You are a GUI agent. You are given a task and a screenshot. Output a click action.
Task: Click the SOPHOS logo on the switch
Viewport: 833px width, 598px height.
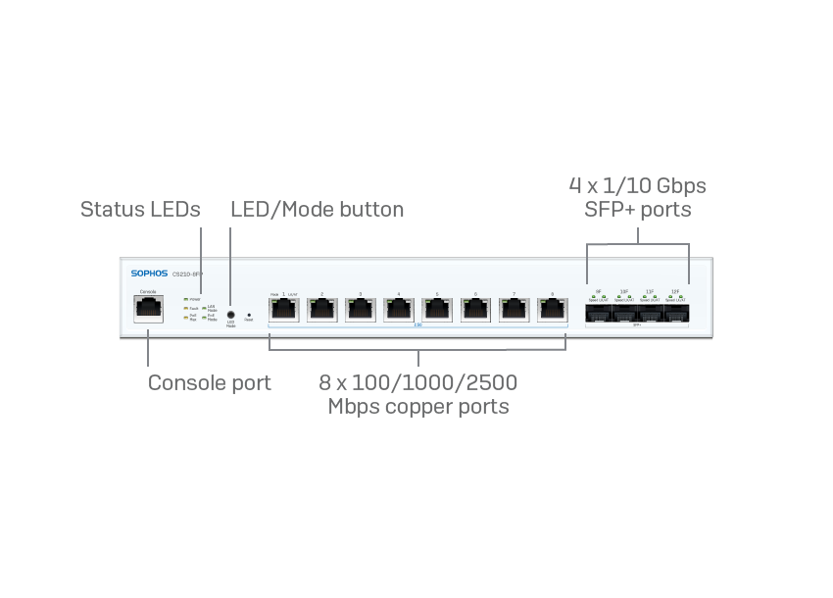click(150, 274)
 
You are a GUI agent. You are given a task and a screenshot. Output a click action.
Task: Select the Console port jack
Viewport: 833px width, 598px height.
click(148, 309)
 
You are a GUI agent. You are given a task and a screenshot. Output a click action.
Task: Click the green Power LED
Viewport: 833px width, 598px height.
click(185, 298)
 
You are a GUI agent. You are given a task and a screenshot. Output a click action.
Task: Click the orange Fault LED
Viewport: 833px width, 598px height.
click(185, 308)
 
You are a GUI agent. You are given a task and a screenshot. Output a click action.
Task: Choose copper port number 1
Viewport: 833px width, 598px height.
click(284, 309)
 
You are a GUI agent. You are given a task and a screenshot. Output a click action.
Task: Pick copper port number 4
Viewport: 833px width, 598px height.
click(399, 309)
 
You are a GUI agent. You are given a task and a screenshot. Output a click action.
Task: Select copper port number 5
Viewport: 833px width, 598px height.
click(437, 309)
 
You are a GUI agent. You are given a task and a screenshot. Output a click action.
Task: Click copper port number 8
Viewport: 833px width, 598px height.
click(552, 309)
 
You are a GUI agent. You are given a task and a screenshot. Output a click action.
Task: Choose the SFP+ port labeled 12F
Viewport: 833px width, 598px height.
click(675, 314)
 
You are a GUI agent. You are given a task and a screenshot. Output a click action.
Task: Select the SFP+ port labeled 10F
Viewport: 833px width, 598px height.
click(624, 314)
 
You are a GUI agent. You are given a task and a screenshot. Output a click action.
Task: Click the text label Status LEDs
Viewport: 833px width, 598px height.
click(140, 210)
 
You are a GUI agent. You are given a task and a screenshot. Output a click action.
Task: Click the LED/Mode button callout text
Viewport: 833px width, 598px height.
click(317, 210)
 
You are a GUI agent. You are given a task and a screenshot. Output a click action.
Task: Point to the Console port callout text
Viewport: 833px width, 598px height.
click(209, 383)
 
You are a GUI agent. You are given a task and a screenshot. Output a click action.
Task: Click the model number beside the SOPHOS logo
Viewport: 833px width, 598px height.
click(187, 274)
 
